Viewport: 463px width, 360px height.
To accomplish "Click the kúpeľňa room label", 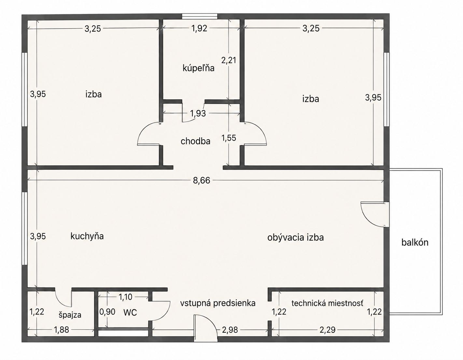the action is tap(198, 68).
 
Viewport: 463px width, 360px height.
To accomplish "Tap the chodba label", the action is tap(195, 141).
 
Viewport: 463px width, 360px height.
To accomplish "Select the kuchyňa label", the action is tap(87, 236).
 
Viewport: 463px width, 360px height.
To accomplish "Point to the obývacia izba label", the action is tap(296, 238).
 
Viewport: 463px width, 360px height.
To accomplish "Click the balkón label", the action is tap(415, 242).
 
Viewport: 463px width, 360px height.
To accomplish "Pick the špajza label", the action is tap(70, 315).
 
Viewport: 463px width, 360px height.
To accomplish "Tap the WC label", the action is tap(130, 312).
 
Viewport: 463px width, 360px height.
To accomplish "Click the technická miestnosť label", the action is tap(327, 303).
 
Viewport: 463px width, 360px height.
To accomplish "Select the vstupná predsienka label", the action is tap(218, 303).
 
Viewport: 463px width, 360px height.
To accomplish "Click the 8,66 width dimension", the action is tap(201, 181).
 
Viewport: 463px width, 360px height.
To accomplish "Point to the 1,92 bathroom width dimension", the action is tap(199, 29).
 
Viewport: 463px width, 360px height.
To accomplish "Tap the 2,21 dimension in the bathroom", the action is tap(229, 60).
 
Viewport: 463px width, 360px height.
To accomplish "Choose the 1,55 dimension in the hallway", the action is tap(229, 138).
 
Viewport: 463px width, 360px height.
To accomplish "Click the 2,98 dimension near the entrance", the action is tap(230, 330).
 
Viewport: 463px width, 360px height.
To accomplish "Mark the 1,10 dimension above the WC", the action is tap(125, 297).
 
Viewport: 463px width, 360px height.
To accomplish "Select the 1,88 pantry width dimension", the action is tap(61, 330).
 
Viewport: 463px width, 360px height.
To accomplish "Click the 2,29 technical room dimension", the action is tap(328, 330).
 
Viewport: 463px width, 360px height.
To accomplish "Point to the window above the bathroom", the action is tap(200, 16).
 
